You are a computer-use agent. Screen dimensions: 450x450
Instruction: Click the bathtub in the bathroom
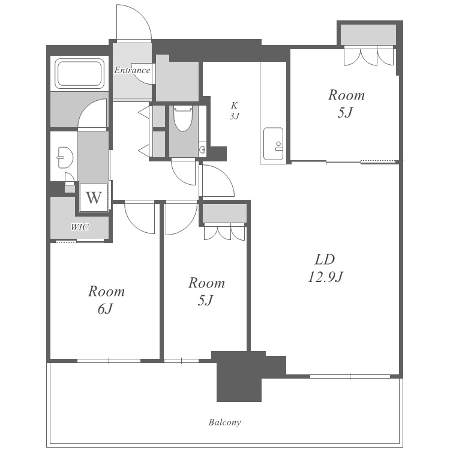(79, 73)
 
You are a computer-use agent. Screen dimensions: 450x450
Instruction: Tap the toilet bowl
(182, 118)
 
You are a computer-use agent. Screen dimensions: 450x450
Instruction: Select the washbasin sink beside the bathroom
(65, 157)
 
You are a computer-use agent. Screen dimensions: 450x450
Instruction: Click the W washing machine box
(94, 197)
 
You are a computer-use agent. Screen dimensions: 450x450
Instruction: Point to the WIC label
(79, 227)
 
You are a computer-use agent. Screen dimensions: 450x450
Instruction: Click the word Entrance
(132, 70)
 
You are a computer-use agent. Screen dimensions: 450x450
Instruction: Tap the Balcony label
(224, 422)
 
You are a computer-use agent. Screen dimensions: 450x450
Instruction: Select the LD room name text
(325, 259)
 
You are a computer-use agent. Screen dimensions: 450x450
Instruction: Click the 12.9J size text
(325, 277)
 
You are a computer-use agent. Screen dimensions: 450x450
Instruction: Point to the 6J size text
(106, 309)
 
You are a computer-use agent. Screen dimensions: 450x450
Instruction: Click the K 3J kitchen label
(235, 110)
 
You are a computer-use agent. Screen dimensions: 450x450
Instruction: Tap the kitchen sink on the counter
(273, 143)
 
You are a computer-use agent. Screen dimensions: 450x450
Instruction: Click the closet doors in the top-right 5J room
(369, 55)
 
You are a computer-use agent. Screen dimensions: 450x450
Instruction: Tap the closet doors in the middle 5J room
(224, 232)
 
